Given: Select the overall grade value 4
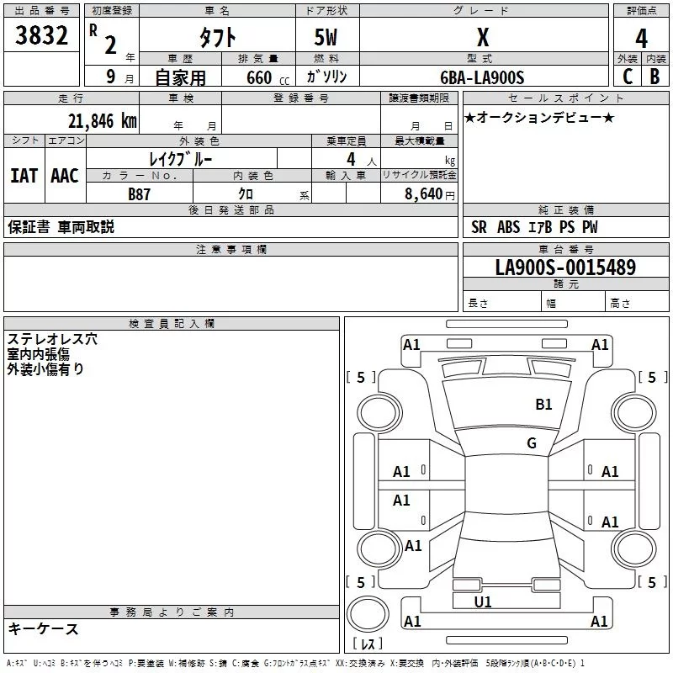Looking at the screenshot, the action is (x=641, y=38).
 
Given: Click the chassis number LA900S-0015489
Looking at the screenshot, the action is (x=564, y=268).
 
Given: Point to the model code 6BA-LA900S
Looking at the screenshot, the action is (x=482, y=77).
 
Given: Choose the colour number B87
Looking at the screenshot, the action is (x=140, y=194).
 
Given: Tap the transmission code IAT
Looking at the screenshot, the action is (x=24, y=175).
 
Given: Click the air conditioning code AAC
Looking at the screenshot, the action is (x=65, y=175).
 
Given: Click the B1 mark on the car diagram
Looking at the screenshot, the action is (x=544, y=405).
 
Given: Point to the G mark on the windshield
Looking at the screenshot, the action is (x=531, y=443).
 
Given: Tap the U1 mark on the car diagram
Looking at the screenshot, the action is (x=483, y=601).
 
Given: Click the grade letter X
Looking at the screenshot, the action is (x=482, y=38).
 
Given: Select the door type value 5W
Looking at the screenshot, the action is (x=327, y=38).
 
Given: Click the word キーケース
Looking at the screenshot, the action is (x=43, y=628).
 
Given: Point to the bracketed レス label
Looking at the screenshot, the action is (x=368, y=644).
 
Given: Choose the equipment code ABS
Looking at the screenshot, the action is (x=508, y=227).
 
